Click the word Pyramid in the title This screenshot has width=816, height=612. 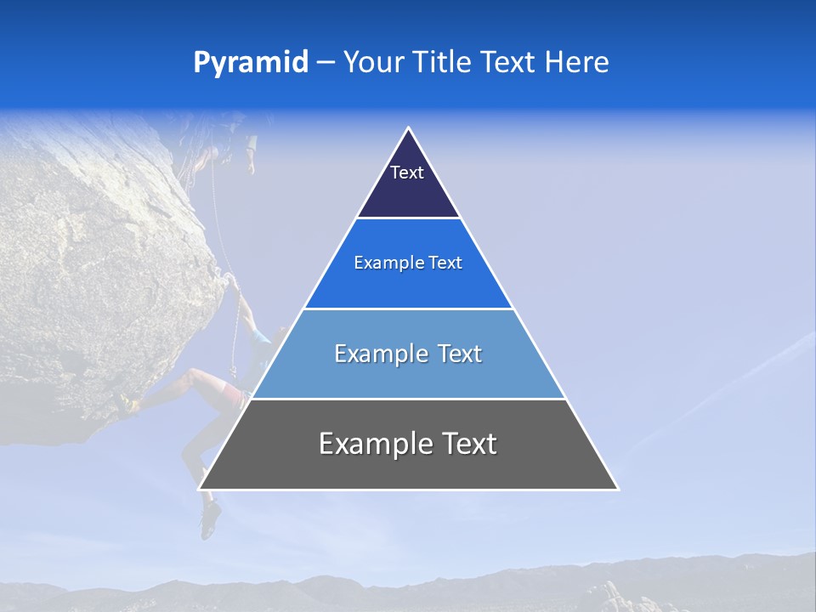250,63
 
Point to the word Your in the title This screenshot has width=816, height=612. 374,62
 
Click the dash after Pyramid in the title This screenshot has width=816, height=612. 326,63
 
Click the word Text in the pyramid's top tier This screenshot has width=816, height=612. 407,173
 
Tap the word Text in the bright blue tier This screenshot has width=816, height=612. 446,263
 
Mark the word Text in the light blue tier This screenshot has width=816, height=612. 459,354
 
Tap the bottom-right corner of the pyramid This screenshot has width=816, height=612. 617,489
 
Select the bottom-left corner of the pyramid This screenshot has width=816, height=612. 200,489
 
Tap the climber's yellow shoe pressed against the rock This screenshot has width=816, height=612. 129,403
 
